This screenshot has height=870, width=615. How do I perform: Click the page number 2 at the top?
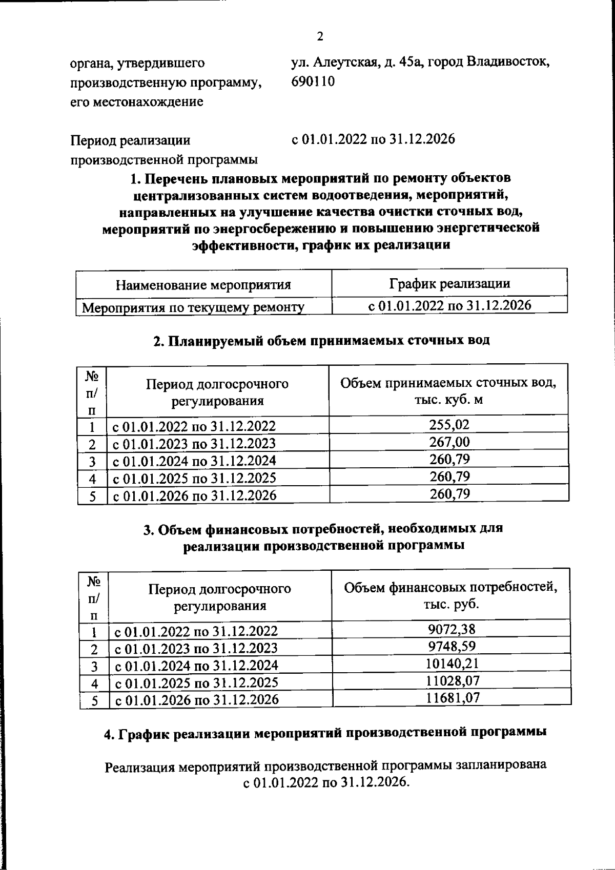(x=320, y=36)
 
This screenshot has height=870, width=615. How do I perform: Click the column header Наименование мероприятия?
(x=203, y=285)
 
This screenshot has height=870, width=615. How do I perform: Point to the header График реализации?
(x=449, y=283)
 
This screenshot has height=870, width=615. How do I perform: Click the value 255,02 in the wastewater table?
(x=449, y=425)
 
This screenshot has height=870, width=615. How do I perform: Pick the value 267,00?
(x=449, y=442)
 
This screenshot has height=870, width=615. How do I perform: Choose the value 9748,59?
(x=452, y=647)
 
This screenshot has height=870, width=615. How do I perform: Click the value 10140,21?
(x=452, y=664)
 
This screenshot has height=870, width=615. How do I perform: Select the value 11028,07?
(x=452, y=681)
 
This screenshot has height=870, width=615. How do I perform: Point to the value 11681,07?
(x=452, y=698)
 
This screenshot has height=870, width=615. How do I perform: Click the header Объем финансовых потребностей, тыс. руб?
(x=451, y=595)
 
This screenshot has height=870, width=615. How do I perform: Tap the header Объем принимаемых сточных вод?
(x=448, y=390)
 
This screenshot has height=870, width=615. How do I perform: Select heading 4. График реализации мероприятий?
(x=325, y=733)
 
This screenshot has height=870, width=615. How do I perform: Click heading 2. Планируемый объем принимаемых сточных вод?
(x=322, y=341)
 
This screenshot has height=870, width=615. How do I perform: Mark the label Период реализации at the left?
(x=130, y=140)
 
